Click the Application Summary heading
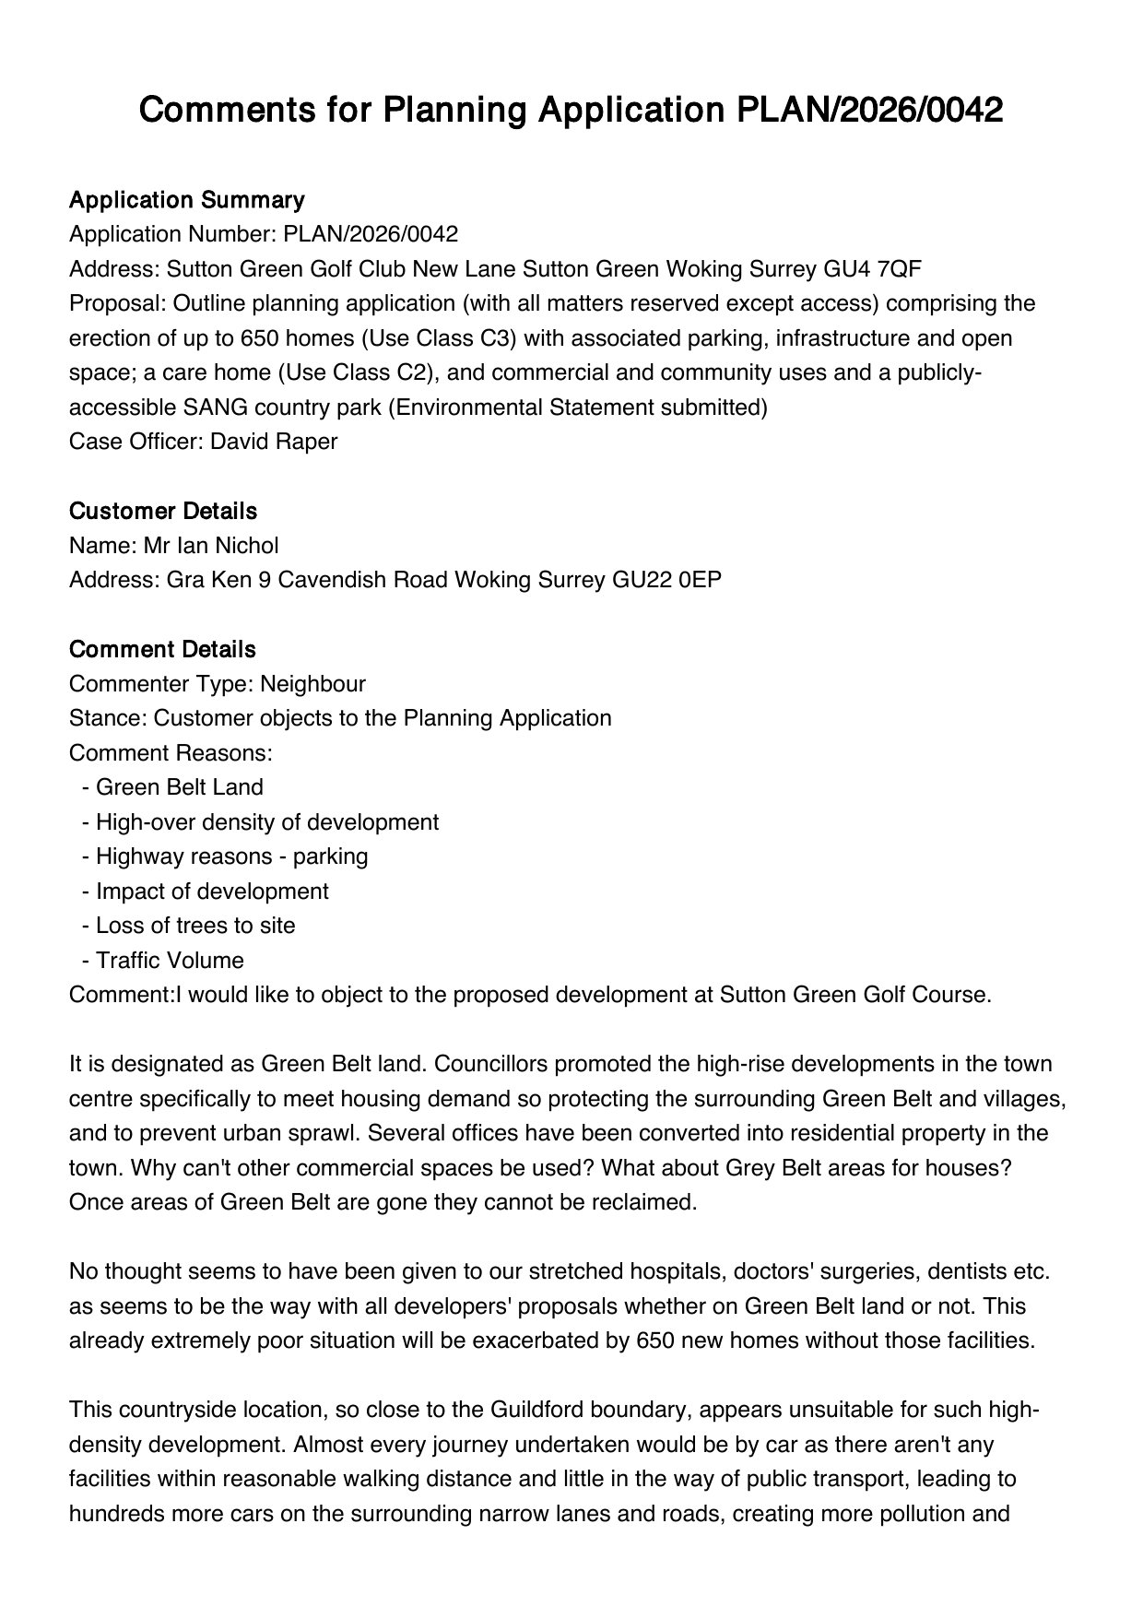tap(186, 200)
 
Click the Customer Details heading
tap(163, 512)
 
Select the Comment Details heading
tap(162, 650)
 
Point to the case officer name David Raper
tap(274, 442)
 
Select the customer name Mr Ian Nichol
tap(210, 546)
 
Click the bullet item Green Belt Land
tap(179, 787)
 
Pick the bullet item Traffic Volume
tap(170, 961)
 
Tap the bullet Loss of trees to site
tap(195, 926)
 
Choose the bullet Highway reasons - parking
tap(231, 856)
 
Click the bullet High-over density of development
tap(266, 822)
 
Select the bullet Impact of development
tap(212, 892)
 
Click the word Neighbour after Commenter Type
tap(312, 684)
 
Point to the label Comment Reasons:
tap(171, 753)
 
